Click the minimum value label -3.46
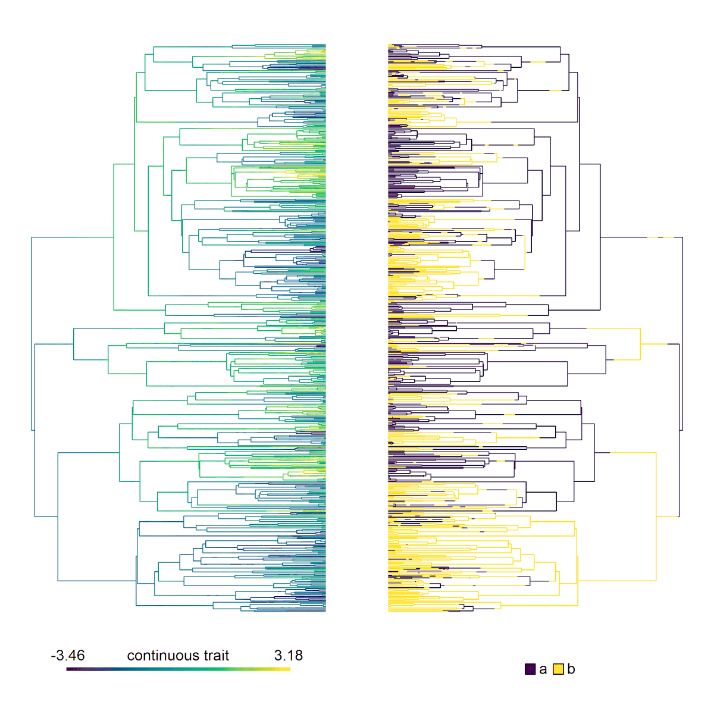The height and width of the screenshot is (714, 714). (x=68, y=656)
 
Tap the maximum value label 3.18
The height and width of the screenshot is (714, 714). (x=289, y=656)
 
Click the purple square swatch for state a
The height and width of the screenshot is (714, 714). (x=530, y=669)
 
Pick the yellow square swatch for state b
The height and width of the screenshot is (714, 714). (x=558, y=669)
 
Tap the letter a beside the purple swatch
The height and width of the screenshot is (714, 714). (x=543, y=669)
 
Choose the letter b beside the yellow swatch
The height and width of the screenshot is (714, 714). (x=571, y=669)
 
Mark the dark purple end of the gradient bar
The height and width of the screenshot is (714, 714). (x=68, y=669)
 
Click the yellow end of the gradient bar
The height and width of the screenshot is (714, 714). (x=289, y=669)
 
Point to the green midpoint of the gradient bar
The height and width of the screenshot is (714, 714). (x=178, y=669)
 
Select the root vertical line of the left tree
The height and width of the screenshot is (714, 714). (x=32, y=333)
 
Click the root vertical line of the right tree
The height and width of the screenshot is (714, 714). (x=682, y=333)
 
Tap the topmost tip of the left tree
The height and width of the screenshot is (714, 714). (x=325, y=45)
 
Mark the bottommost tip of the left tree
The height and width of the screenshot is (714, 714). (x=325, y=611)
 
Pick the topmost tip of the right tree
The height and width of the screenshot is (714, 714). (x=389, y=45)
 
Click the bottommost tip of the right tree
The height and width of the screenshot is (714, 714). (x=389, y=611)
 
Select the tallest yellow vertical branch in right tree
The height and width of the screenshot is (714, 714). (x=656, y=516)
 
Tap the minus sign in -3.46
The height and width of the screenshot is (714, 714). (x=54, y=656)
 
